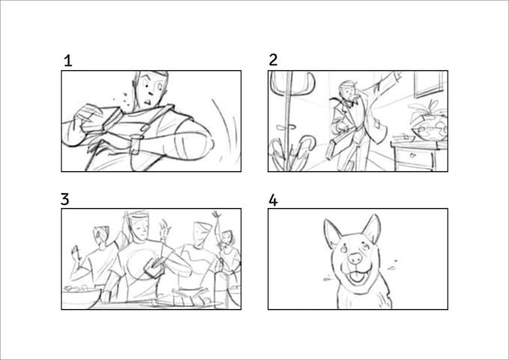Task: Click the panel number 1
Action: (x=68, y=61)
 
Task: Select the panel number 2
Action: (x=273, y=61)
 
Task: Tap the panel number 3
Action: (x=65, y=199)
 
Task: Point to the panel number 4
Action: (x=273, y=200)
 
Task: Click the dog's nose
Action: (x=355, y=258)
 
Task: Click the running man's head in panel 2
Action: (x=346, y=91)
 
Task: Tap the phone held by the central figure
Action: (x=153, y=263)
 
